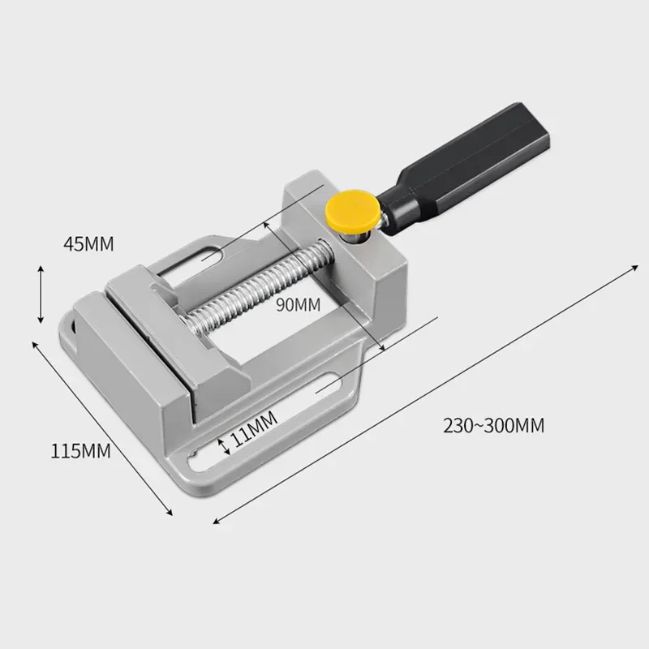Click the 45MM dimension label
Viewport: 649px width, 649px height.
[x=88, y=243]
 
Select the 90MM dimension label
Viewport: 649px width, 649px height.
[x=298, y=305]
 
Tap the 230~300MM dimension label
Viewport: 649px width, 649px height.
[x=493, y=423]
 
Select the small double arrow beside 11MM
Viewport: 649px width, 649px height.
[x=224, y=444]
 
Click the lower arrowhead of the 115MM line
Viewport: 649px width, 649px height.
[x=170, y=510]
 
